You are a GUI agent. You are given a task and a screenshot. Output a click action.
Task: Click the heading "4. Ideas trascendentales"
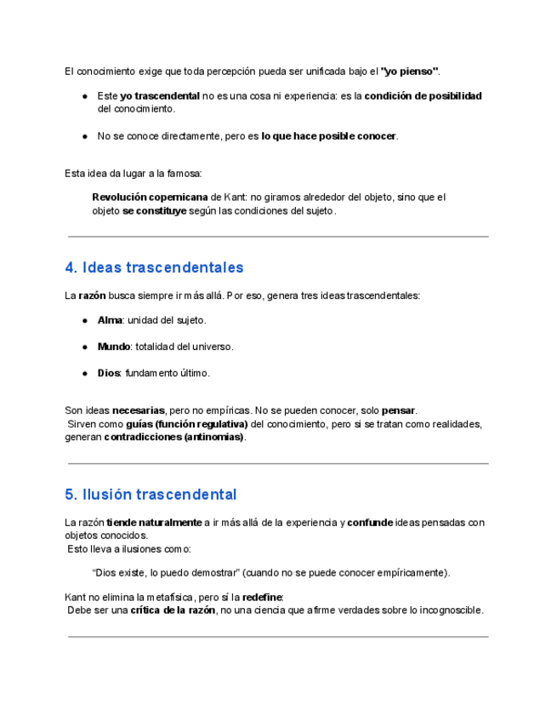[154, 267]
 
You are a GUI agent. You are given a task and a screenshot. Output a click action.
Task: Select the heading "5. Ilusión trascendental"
[151, 495]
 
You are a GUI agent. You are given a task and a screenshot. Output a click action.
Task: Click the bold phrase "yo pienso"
[410, 70]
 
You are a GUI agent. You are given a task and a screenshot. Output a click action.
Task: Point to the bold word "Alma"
[110, 320]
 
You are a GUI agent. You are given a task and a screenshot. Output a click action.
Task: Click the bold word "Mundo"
[114, 347]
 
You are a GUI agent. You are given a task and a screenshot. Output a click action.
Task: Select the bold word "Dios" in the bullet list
[109, 373]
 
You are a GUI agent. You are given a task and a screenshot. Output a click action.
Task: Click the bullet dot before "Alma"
[86, 321]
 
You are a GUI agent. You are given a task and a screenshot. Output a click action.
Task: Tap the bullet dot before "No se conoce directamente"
[86, 136]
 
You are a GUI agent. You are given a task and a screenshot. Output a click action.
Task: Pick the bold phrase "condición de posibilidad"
[423, 96]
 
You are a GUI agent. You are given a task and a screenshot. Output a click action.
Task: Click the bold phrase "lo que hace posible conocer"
[329, 136]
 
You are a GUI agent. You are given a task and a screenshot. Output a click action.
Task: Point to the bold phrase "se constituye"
[154, 211]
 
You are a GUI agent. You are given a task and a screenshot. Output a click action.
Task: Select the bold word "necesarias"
[138, 410]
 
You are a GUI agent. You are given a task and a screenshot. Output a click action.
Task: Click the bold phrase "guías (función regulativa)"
[186, 424]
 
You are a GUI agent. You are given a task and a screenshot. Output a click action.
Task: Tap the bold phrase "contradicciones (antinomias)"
[174, 438]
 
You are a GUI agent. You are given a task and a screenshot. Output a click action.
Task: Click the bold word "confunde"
[370, 523]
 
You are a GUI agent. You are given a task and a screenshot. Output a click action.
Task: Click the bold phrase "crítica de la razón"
[173, 610]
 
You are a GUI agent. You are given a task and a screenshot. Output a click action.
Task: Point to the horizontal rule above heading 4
[278, 236]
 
